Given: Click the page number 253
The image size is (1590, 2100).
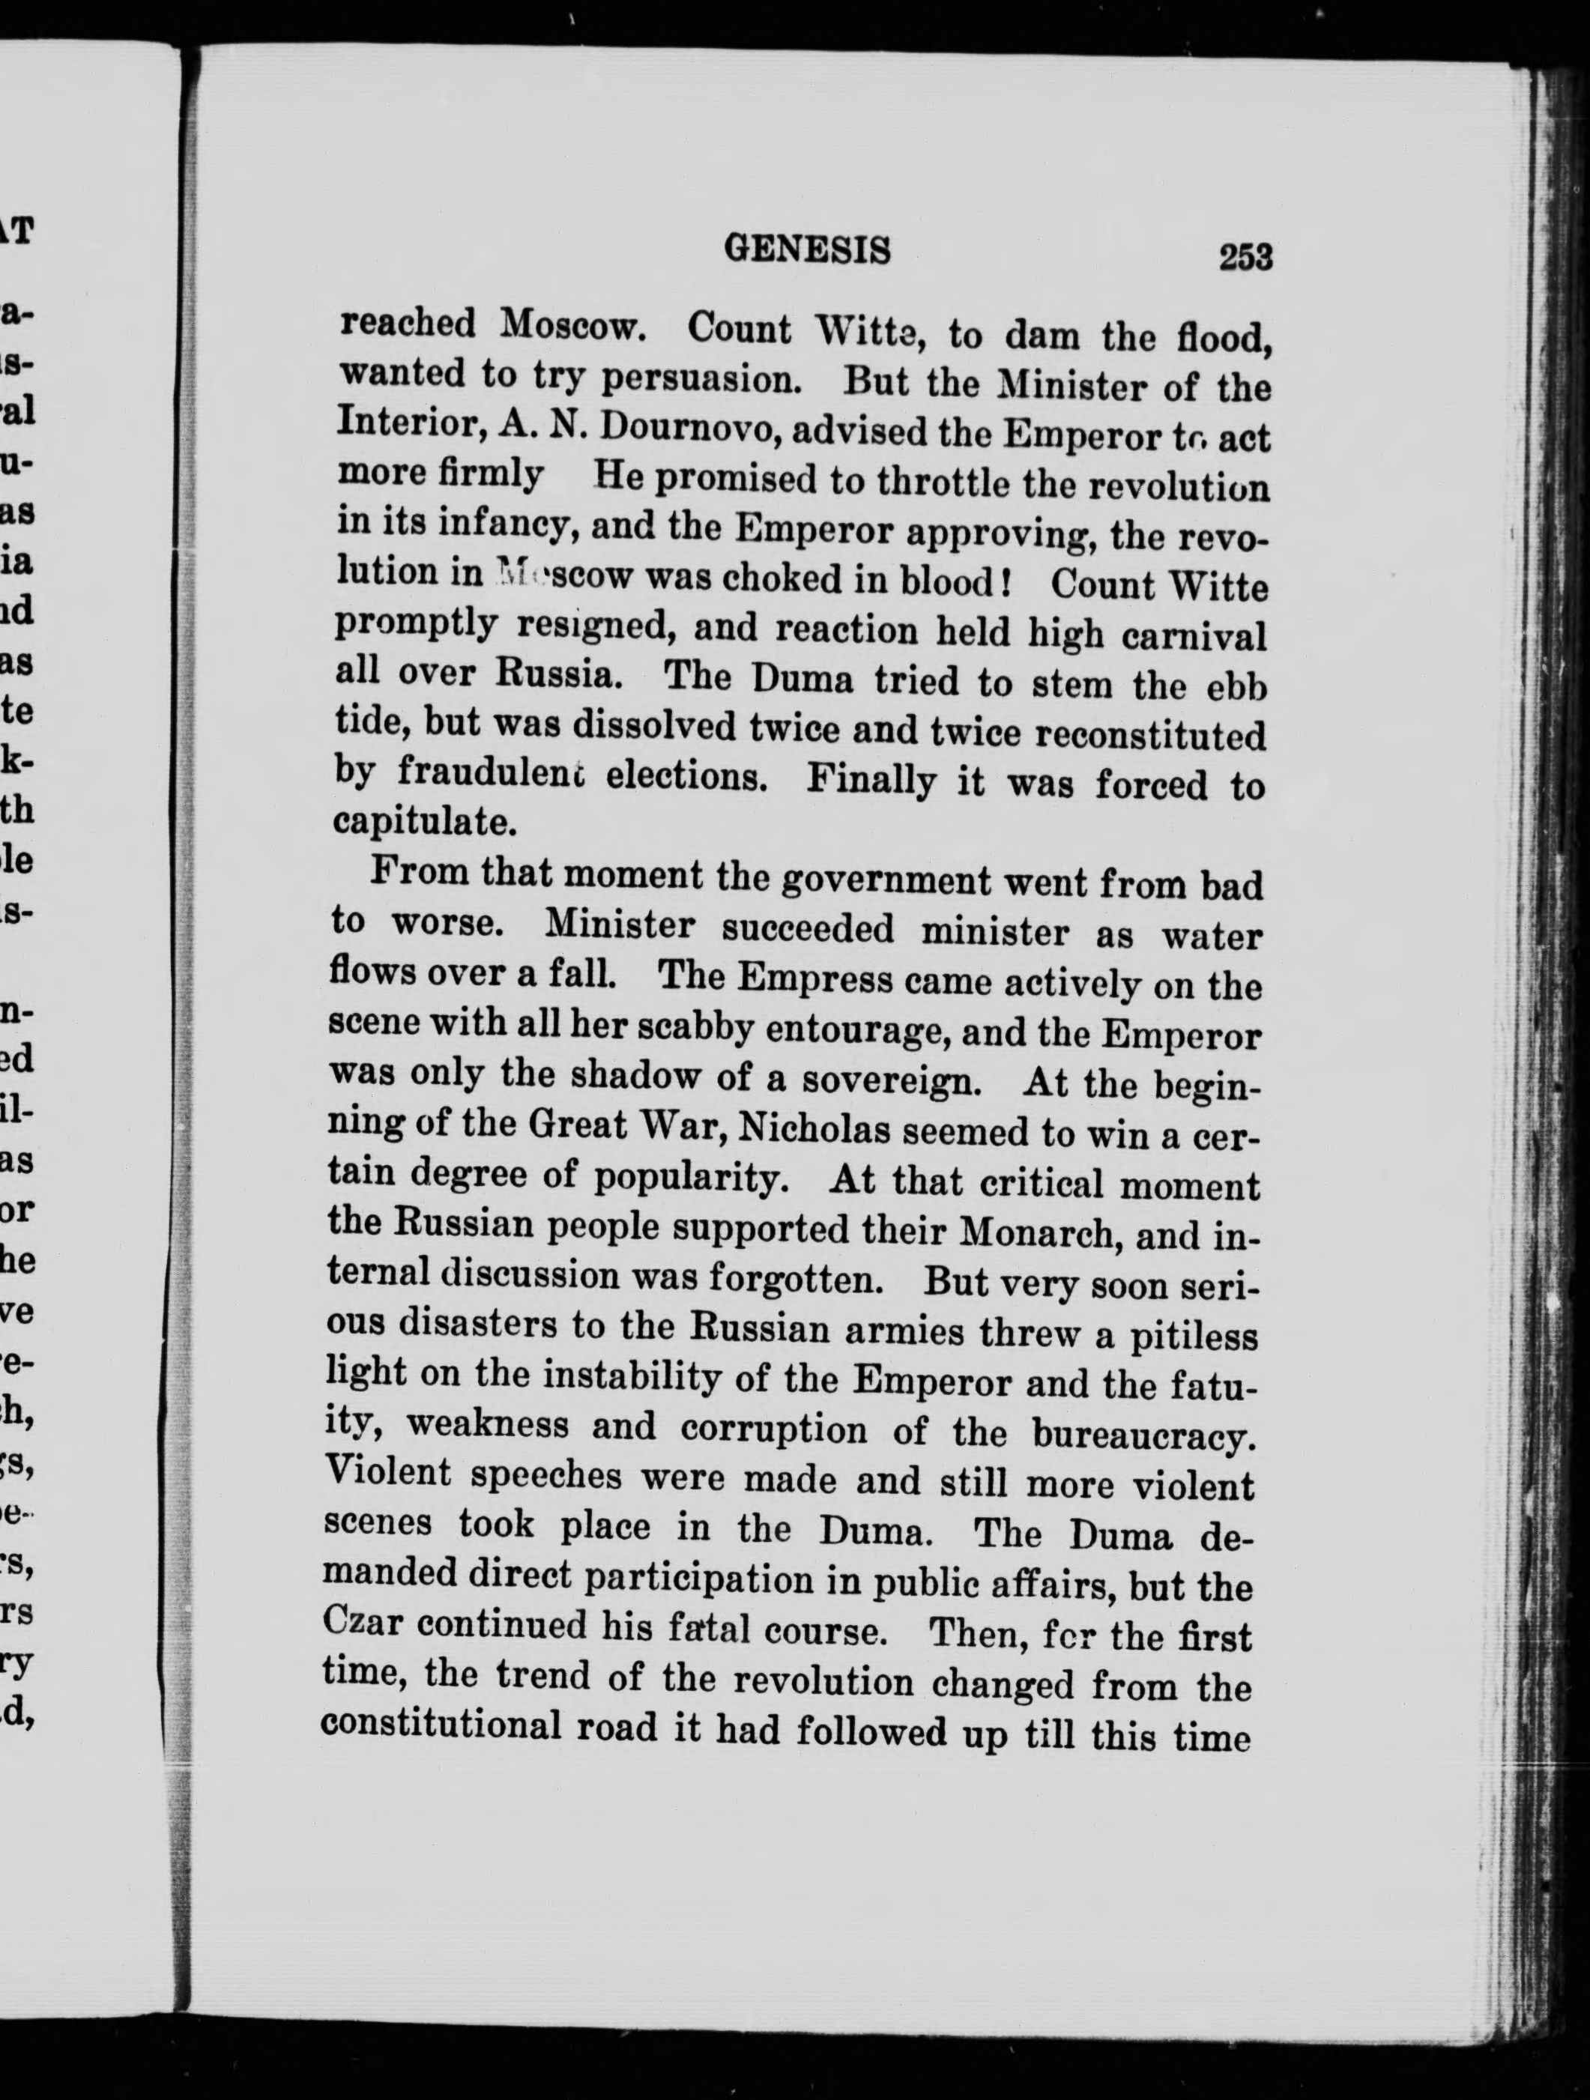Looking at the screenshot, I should pos(1245,256).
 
